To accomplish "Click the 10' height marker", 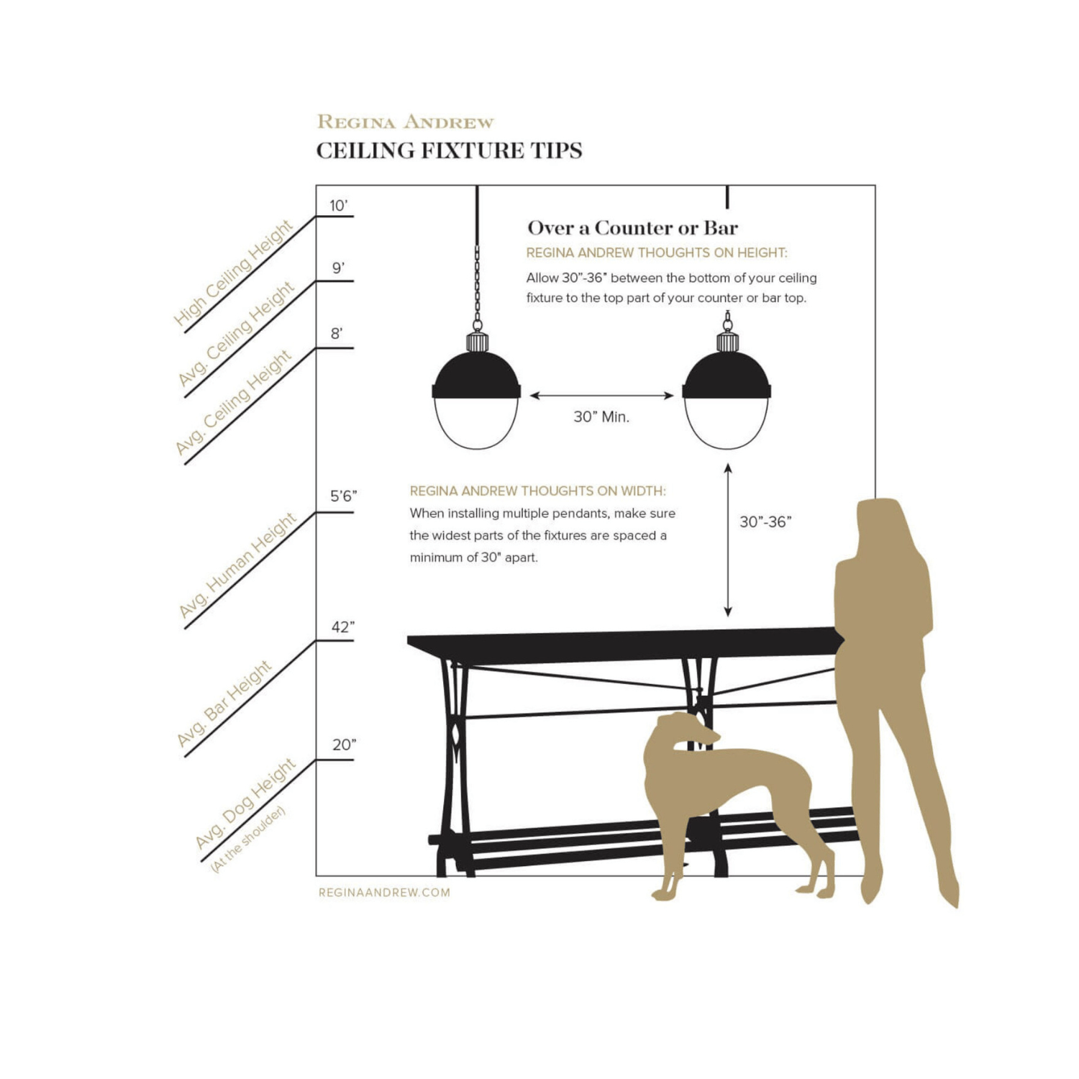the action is [x=338, y=206].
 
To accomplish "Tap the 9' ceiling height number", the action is [x=338, y=268].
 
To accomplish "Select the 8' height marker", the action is [x=337, y=334].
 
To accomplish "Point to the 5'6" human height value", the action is [x=344, y=496].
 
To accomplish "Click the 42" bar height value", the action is [x=343, y=627].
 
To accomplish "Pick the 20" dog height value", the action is [x=344, y=745].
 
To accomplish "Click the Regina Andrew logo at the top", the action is [x=406, y=122].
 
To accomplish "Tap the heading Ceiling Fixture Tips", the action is [x=449, y=150].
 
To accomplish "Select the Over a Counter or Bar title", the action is [x=632, y=228].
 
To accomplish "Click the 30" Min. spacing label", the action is [x=601, y=417].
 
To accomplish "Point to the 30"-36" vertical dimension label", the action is [x=765, y=522].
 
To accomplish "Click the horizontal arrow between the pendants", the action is [x=601, y=396].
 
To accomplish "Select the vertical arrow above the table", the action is [x=728, y=540].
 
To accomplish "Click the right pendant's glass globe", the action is [x=727, y=423].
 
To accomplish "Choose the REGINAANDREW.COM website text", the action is [x=384, y=893].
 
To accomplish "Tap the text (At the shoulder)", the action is [x=247, y=839].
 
